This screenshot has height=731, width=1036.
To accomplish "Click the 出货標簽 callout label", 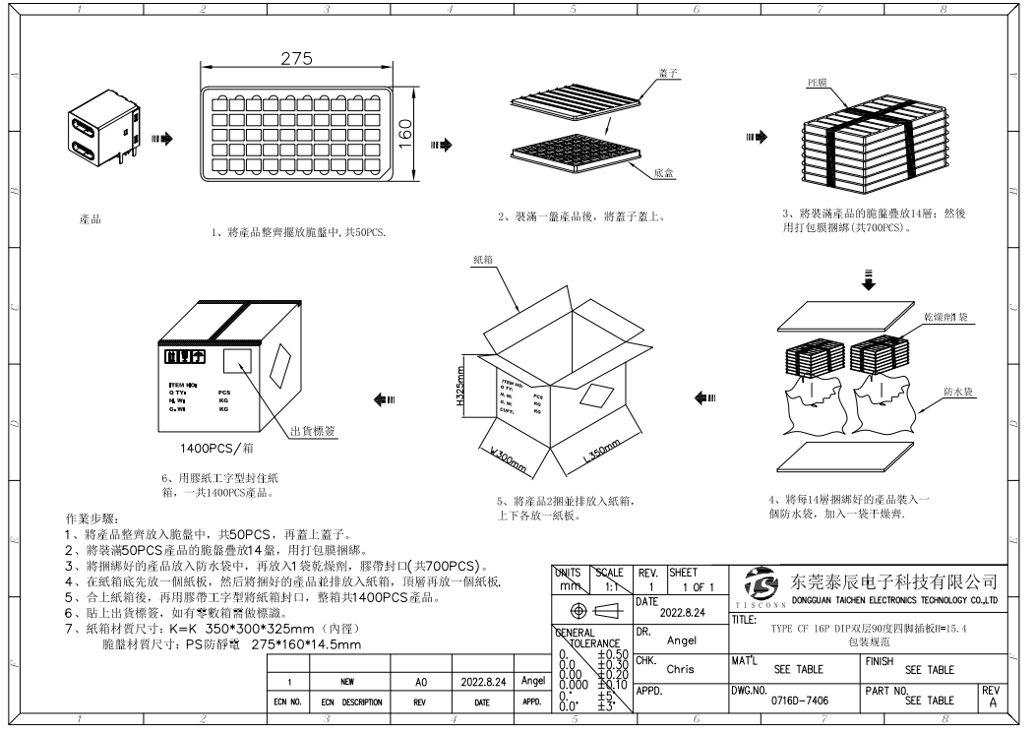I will [313, 430].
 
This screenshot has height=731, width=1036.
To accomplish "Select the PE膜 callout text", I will [818, 84].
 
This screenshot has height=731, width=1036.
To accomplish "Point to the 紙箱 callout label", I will [483, 260].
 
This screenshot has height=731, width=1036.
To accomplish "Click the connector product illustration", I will [96, 135].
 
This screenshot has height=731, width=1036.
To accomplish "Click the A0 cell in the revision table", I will [421, 681].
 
